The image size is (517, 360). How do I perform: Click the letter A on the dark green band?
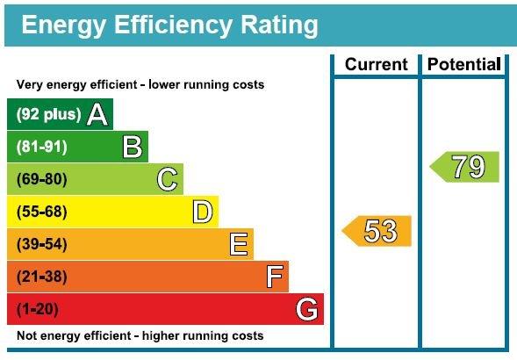(97, 114)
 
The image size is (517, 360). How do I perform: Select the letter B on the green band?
(133, 147)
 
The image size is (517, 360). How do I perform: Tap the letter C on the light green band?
(168, 179)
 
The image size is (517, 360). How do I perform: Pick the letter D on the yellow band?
(203, 212)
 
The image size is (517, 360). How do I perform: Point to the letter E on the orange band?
(238, 244)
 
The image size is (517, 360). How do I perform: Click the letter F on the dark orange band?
(275, 277)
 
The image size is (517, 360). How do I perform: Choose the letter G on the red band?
(307, 309)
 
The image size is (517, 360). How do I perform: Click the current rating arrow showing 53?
(377, 231)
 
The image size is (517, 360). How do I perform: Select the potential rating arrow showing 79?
(464, 167)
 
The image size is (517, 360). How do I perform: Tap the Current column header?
(376, 64)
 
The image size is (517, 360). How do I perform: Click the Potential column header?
(463, 64)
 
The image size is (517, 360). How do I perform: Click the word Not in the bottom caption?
(27, 336)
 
